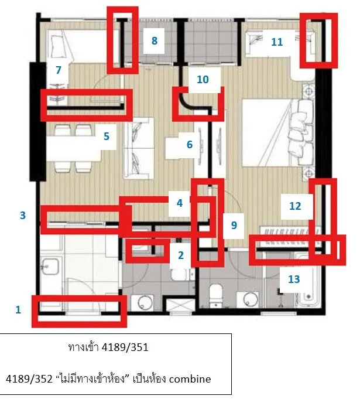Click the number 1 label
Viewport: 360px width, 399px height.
[x=18, y=310]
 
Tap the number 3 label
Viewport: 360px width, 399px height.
[x=23, y=215]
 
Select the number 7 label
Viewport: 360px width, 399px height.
[x=59, y=70]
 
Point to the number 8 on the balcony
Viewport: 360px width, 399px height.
[x=155, y=40]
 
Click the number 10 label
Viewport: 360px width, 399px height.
[x=203, y=80]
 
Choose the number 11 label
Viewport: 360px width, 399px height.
[x=277, y=42]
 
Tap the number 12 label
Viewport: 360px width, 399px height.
[x=295, y=206]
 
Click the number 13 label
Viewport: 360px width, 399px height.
[x=294, y=279]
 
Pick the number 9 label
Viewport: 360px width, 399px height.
[x=234, y=225]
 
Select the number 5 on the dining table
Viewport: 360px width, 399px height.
[x=107, y=137]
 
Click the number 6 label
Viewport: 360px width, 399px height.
[x=190, y=145]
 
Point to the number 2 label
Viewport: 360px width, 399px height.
[x=181, y=255]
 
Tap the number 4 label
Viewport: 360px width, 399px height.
[x=180, y=203]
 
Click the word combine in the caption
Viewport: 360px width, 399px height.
[x=190, y=379]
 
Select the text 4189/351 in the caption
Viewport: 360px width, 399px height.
[x=125, y=347]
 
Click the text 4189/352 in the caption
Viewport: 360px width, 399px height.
[x=29, y=379]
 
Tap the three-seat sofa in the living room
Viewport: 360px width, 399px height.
[x=139, y=148]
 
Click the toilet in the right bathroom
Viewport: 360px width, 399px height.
[x=215, y=295]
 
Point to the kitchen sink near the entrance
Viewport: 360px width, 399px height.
[x=50, y=267]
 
